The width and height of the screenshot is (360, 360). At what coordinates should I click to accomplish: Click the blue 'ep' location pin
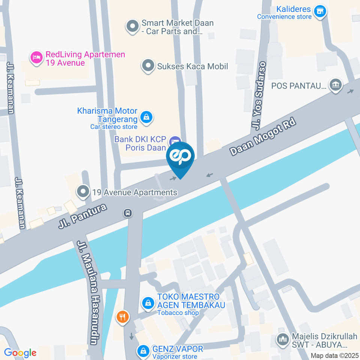tap(180, 157)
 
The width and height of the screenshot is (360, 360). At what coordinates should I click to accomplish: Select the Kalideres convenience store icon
tap(319, 11)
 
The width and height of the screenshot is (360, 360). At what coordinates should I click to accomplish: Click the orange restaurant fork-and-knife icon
tap(122, 317)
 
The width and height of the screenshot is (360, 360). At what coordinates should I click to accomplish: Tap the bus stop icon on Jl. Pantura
tap(128, 213)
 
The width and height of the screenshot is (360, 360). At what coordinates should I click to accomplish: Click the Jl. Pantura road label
tap(82, 216)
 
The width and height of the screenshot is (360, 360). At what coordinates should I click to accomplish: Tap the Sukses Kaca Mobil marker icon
tap(148, 66)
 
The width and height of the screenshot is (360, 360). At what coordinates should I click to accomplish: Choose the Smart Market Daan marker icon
tap(132, 27)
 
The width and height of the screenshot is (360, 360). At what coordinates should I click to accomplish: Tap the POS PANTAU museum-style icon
tap(335, 85)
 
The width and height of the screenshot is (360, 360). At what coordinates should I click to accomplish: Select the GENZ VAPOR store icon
tap(142, 351)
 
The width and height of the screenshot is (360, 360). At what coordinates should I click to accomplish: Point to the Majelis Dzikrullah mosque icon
tap(282, 340)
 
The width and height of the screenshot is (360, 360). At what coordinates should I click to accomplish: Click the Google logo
tap(20, 352)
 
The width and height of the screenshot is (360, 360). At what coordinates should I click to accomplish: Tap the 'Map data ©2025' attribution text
tap(334, 355)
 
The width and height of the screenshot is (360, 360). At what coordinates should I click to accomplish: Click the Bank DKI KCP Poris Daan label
tap(140, 144)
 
